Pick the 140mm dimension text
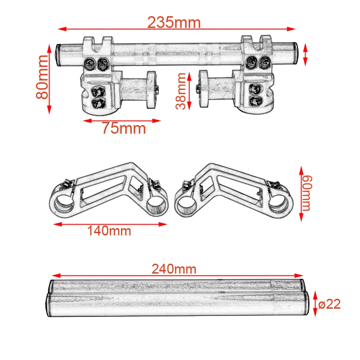click(x=109, y=231)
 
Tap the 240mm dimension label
click(x=174, y=269)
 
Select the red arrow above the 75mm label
click(x=122, y=121)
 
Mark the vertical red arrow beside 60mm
click(x=301, y=193)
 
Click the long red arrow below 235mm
click(x=175, y=30)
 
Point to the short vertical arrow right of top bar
click(x=306, y=54)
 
